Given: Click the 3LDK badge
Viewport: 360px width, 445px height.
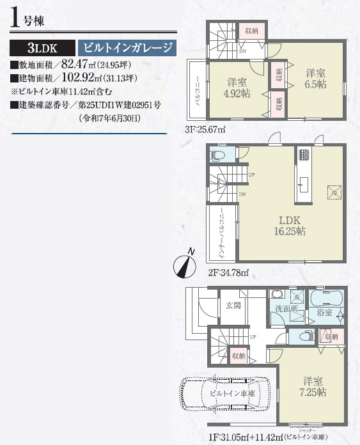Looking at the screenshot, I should point(42,48).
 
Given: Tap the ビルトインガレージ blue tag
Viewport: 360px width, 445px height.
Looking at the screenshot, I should point(126,48).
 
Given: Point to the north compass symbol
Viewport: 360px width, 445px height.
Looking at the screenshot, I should point(185,263).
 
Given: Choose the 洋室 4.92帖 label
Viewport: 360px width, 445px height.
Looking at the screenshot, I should point(237,88).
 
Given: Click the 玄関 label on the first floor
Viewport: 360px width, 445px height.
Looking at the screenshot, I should point(233,306).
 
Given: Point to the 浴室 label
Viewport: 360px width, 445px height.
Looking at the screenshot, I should point(325,313).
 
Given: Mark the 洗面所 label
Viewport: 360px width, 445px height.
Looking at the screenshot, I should point(286,309).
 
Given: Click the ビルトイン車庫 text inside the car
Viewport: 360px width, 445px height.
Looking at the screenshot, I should point(231,393).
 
